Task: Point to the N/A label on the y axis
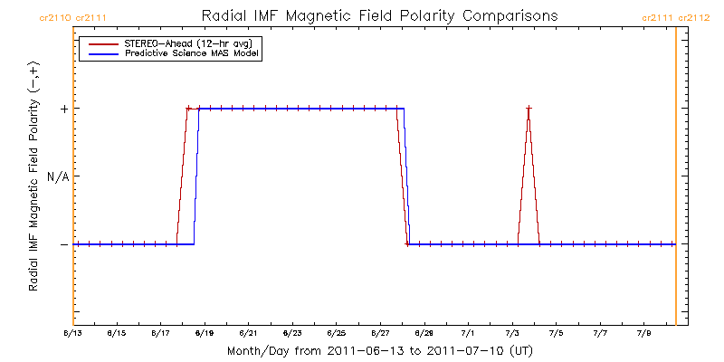(58, 176)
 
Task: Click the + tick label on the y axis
(63, 109)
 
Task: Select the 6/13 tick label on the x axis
(73, 333)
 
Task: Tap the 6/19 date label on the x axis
(205, 333)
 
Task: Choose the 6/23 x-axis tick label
(292, 333)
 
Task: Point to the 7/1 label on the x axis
(468, 333)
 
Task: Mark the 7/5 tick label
(556, 333)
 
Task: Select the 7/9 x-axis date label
(643, 333)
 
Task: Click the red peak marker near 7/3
(529, 109)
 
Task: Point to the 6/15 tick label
(117, 333)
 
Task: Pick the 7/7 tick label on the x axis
(600, 333)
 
